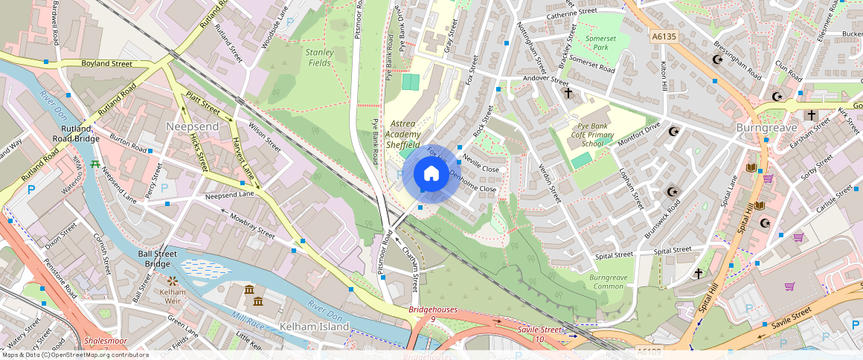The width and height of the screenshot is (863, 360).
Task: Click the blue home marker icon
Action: pos(431,174)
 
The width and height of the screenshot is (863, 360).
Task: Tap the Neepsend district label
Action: pos(192,126)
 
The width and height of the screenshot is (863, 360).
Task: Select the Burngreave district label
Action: pos(766,128)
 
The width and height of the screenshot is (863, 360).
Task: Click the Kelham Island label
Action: pos(314,327)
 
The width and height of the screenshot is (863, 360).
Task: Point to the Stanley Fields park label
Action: pos(319,57)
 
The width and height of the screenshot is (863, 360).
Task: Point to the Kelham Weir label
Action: pos(173,292)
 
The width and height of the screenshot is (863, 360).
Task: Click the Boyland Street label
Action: pos(106,64)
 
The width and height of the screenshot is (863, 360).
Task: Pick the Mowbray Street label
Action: pos(252,225)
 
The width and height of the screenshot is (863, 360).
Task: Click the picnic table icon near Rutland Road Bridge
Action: pos(95,164)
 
